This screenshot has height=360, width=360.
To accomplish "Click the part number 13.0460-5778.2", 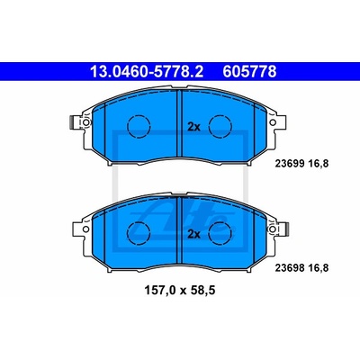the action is click(147, 72).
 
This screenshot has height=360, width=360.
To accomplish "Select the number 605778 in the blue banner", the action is click(249, 72).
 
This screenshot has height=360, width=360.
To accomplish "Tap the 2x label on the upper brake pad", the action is click(193, 127).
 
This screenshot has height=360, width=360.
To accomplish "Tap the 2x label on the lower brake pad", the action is click(193, 234).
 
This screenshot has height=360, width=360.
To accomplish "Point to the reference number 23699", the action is click(290, 164).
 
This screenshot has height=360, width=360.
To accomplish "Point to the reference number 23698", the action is click(290, 267).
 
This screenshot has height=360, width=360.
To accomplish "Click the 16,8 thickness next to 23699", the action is click(319, 164).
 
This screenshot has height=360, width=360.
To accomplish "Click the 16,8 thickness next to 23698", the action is click(319, 268).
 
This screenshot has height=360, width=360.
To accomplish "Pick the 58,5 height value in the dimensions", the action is click(202, 291).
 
